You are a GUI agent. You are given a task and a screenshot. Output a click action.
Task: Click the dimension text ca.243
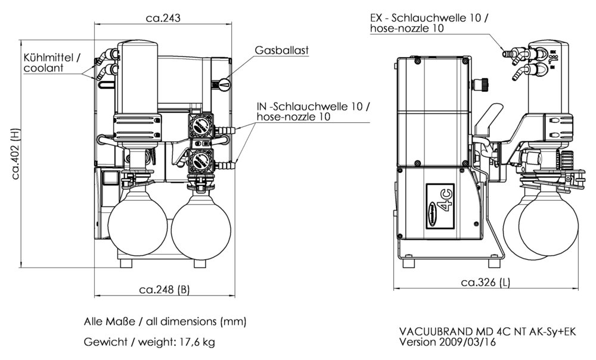tap(163, 18)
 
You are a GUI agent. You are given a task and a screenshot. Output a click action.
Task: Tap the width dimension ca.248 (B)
tap(164, 290)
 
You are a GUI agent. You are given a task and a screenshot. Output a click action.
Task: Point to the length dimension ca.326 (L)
tap(485, 282)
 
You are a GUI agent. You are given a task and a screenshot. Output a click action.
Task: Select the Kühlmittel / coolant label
tap(51, 63)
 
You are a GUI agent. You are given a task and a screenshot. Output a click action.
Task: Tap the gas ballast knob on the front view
tap(222, 85)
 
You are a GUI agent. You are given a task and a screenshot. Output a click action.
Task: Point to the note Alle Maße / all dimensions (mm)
tap(164, 321)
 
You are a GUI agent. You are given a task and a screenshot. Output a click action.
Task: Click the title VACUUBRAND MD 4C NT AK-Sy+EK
tap(487, 332)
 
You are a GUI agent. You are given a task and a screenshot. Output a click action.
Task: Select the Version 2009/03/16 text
tap(446, 343)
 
